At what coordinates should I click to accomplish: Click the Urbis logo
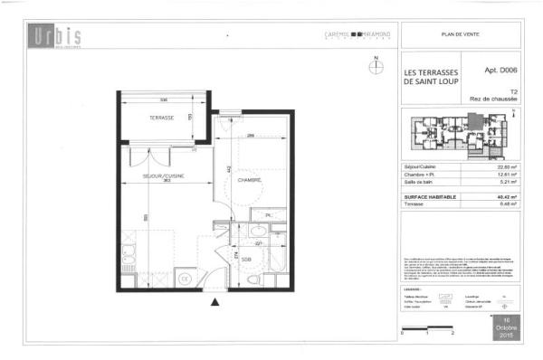55,37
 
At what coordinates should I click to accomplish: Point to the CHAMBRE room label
250,181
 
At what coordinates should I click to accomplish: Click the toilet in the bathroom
251,280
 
